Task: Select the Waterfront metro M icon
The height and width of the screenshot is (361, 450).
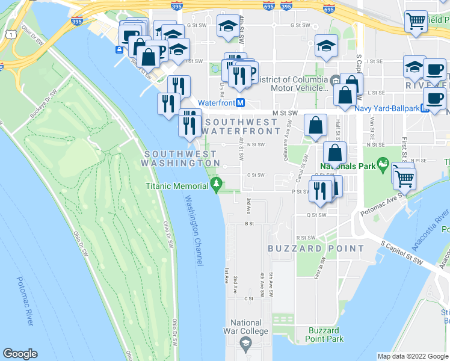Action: point(240,103)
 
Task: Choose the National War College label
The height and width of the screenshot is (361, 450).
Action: point(245,327)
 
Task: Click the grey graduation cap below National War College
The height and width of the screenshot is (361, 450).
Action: point(245,344)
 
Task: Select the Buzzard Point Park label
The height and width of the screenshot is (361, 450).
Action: point(325,335)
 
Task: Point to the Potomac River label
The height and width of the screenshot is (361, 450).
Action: point(23,301)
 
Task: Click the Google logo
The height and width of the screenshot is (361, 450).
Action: point(20,354)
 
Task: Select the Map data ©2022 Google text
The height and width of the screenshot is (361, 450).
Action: point(412,356)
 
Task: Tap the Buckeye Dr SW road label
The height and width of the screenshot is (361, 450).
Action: point(42,104)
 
